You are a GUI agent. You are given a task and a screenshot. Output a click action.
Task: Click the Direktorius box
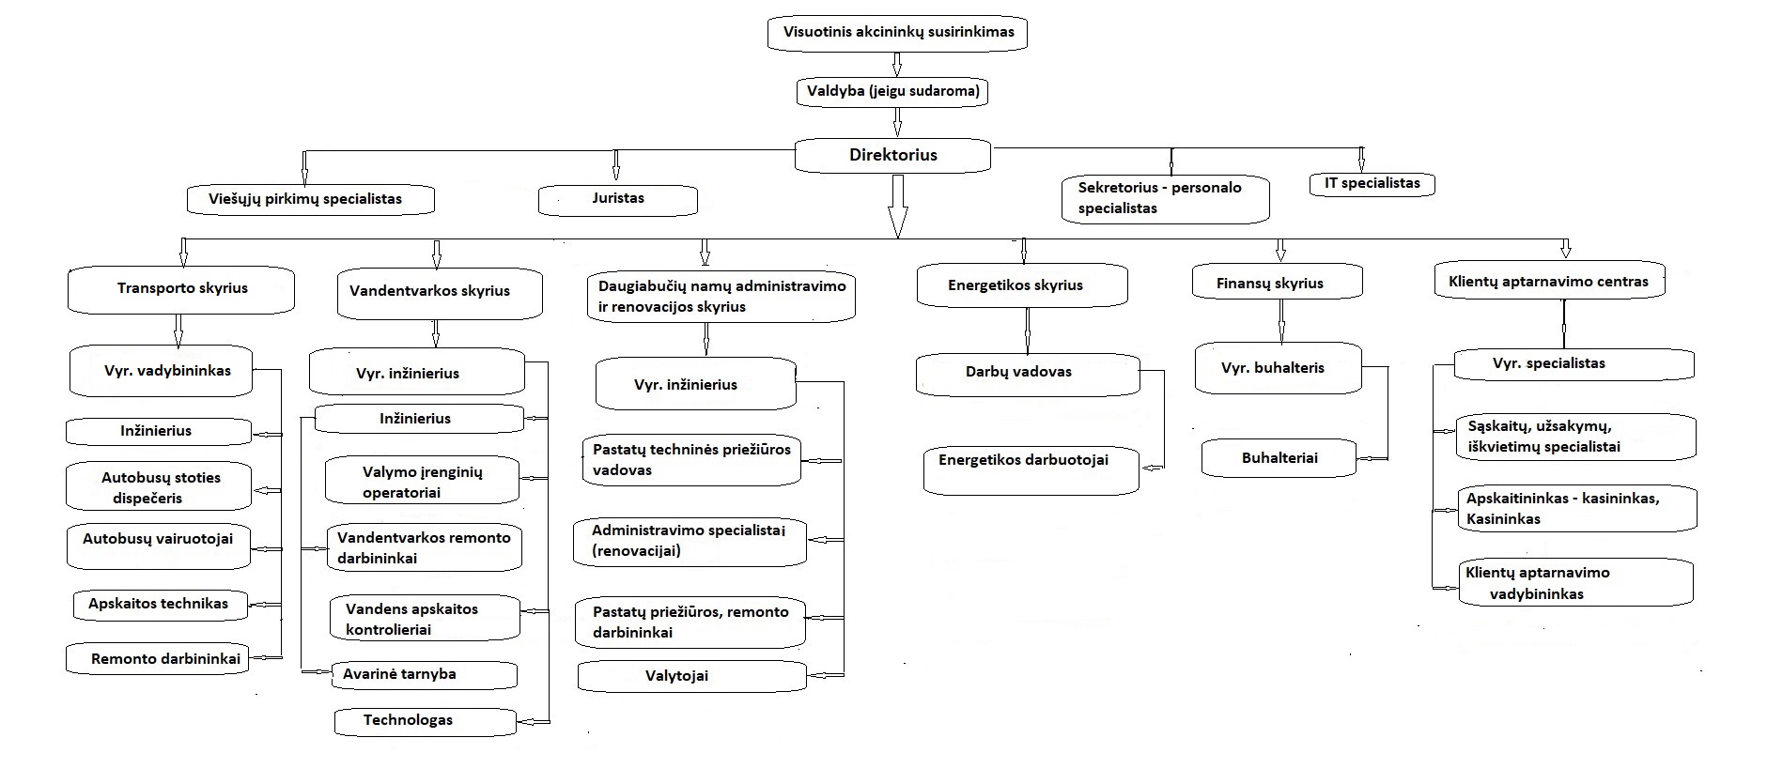(x=892, y=156)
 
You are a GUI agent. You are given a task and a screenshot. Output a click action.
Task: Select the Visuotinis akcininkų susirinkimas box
(x=896, y=33)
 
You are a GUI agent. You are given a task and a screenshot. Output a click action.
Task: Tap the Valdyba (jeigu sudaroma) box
(x=893, y=92)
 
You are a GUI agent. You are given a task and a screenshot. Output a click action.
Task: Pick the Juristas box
(x=618, y=199)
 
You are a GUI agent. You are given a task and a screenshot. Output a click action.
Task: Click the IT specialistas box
(x=1372, y=184)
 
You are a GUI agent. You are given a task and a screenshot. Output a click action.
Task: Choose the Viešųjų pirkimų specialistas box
(x=310, y=199)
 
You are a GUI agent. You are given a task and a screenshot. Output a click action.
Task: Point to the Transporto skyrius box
(x=181, y=290)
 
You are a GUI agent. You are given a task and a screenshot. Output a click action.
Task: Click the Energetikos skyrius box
(x=1022, y=285)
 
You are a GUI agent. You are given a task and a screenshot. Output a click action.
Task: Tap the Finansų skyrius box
(x=1278, y=283)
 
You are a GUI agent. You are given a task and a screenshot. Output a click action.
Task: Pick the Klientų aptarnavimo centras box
(x=1550, y=282)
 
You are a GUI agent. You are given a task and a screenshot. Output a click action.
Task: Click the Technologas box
(x=426, y=721)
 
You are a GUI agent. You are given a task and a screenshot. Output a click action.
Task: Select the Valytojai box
(x=691, y=676)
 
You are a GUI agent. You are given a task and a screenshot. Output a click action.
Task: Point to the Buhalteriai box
(x=1279, y=458)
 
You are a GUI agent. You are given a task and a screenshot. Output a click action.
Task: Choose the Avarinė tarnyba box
(x=424, y=674)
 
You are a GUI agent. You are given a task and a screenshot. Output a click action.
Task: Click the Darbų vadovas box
(x=1028, y=374)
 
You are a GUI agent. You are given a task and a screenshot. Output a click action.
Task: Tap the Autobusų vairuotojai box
(x=159, y=546)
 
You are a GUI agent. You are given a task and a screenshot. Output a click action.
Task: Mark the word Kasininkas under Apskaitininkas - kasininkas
(x=1504, y=519)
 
